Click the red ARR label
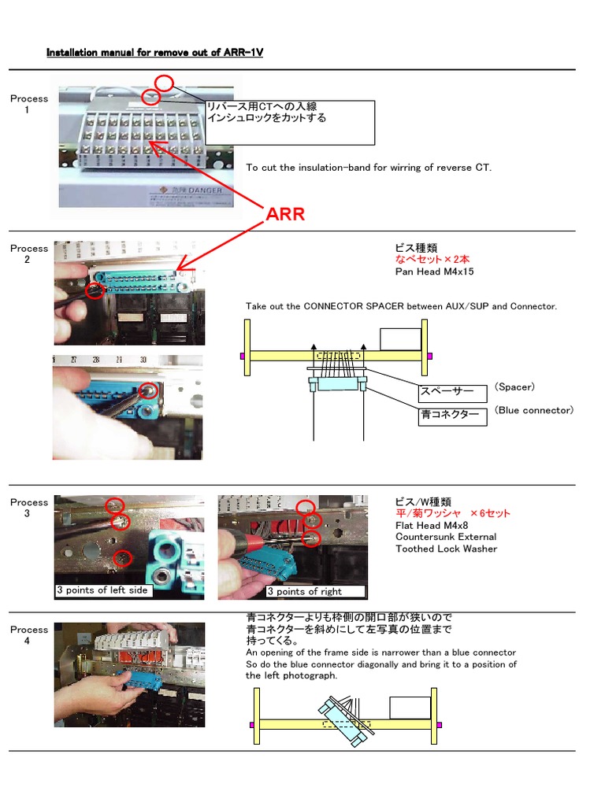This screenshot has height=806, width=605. (285, 214)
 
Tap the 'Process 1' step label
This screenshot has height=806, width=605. (29, 104)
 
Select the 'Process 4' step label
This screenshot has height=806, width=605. (29, 635)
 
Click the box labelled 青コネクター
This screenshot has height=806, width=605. (452, 416)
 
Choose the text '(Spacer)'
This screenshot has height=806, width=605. (515, 386)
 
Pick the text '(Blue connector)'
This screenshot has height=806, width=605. (534, 410)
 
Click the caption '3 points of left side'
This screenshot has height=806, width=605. (102, 590)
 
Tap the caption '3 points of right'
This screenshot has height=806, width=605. (305, 591)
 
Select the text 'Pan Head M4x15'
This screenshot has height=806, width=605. (433, 272)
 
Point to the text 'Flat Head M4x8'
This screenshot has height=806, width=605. (432, 525)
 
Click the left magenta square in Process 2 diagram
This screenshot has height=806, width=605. (243, 356)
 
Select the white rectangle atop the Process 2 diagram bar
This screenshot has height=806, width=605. (400, 339)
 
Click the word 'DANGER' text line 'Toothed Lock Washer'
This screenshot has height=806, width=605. (446, 549)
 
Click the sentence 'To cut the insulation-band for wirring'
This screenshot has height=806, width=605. (368, 168)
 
